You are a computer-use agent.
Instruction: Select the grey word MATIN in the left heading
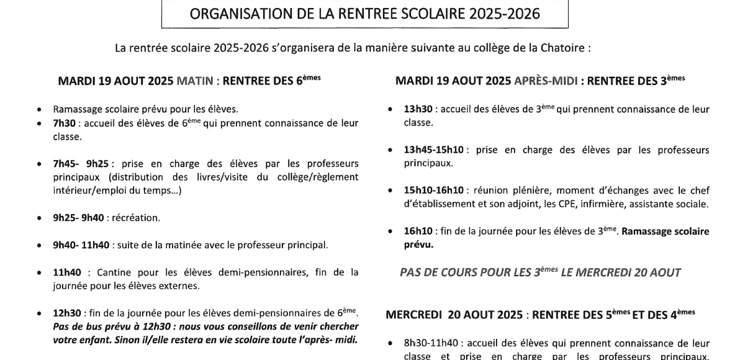195,81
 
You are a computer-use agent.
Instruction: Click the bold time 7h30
64,123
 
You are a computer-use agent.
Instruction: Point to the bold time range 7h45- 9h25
81,164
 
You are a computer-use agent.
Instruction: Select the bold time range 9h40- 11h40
82,245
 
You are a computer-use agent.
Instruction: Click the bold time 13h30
418,110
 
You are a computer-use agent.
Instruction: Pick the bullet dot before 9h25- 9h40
40,218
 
